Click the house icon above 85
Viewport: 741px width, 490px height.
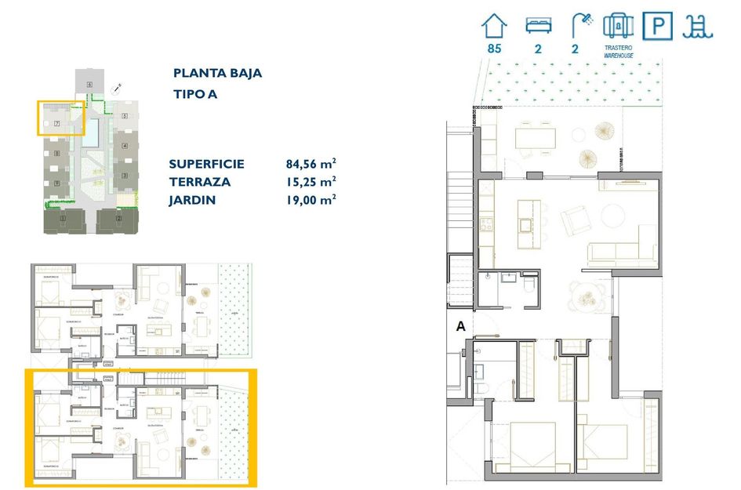494,26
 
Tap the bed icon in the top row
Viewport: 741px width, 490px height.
538,26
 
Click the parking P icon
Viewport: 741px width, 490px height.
657,27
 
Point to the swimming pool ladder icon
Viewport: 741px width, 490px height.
697,27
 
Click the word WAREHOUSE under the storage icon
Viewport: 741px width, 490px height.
619,56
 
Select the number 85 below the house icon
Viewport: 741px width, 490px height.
494,49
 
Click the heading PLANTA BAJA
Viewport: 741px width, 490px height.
217,74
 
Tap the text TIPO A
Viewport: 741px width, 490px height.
194,95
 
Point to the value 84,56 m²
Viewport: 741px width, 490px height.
311,164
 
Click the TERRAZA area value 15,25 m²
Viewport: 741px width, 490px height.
311,181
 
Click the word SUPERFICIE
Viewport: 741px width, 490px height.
206,164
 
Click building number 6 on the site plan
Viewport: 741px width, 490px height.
90,84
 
